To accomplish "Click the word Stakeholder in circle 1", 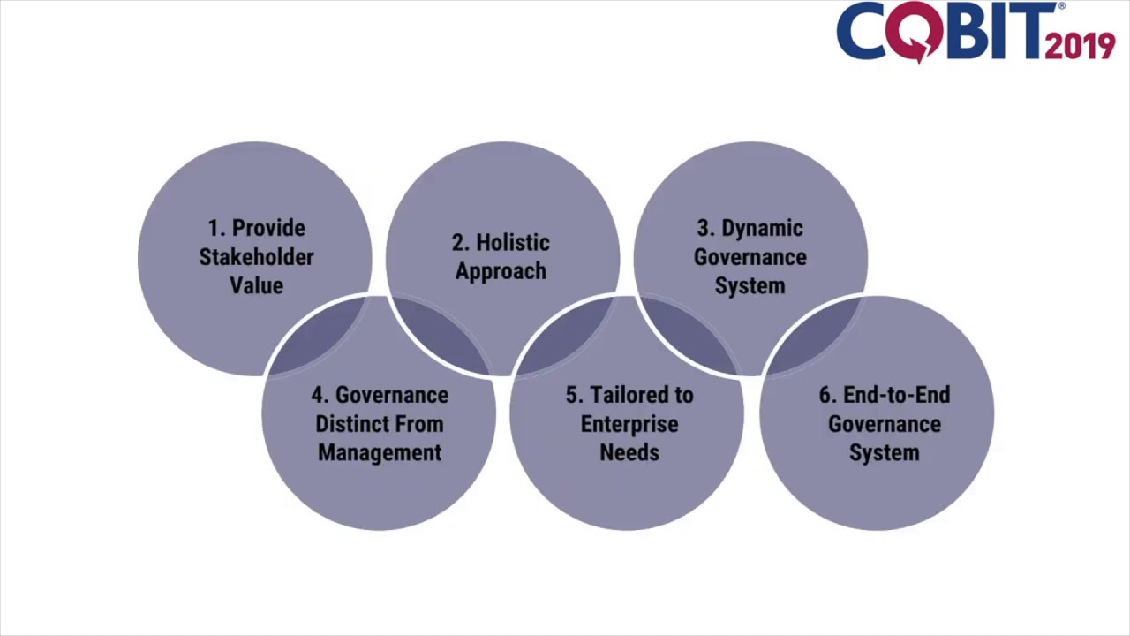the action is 256,257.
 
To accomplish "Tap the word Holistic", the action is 512,243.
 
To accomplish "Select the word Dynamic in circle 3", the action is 762,229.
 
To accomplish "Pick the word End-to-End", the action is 896,395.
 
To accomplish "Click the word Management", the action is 380,452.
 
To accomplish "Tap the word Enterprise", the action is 629,424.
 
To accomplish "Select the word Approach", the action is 501,271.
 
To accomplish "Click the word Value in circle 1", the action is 256,285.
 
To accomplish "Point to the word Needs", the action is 629,452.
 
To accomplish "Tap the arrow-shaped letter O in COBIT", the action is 918,34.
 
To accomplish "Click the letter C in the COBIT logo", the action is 862,32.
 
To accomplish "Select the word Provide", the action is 268,229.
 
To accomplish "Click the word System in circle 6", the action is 884,452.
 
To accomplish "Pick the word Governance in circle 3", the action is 750,257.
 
